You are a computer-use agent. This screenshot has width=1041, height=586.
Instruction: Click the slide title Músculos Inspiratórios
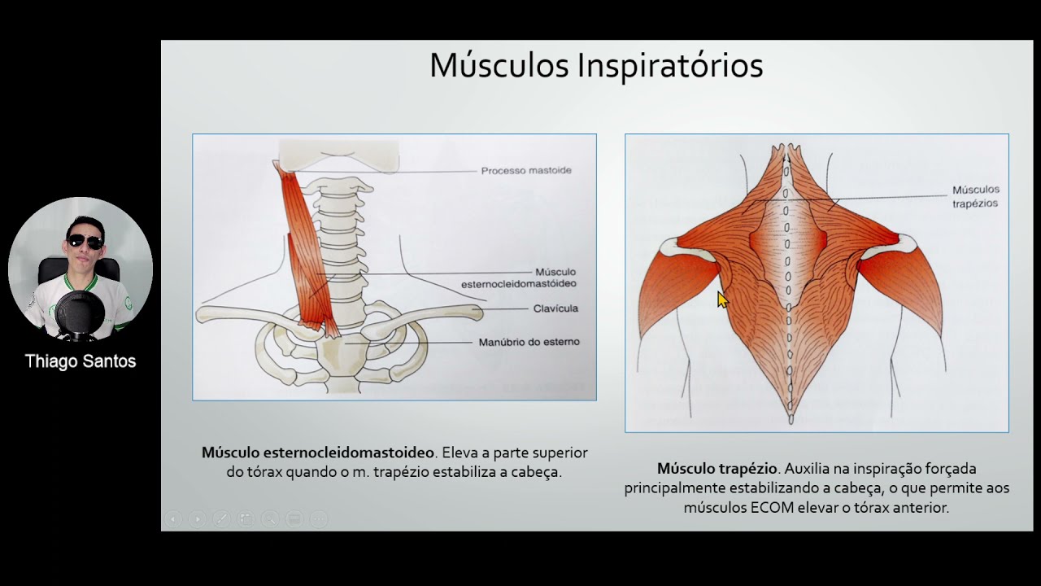[596, 66]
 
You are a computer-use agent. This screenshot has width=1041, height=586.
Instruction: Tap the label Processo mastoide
[526, 171]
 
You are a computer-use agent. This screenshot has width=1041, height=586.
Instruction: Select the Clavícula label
[555, 308]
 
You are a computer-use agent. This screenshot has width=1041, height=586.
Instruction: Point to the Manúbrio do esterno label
[529, 342]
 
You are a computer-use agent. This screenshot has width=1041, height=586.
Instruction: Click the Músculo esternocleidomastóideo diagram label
[518, 278]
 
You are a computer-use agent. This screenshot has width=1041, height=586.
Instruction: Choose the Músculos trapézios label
[975, 197]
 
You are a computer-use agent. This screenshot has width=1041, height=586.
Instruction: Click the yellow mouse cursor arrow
[722, 300]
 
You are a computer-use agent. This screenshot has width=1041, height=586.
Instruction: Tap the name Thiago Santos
[81, 361]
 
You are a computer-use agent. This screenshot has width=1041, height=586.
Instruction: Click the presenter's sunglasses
[84, 242]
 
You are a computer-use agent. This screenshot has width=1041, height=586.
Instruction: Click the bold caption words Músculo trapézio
[717, 469]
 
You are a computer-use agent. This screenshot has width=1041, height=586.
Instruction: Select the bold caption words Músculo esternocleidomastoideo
[318, 453]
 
